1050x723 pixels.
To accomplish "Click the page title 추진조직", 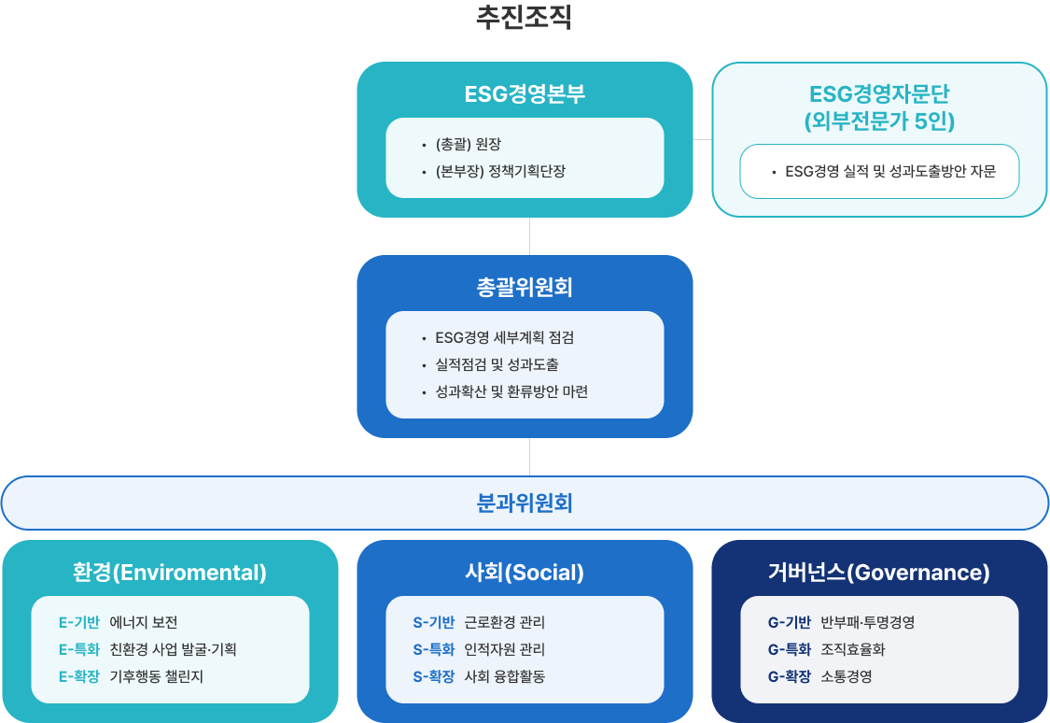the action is point(525,18).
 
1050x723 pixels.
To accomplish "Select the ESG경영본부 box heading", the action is point(525,93).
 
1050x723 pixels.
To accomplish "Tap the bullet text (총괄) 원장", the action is point(469,144).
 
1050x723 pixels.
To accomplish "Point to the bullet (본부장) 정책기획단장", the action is point(500,172).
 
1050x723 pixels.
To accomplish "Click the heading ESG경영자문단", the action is point(879,93).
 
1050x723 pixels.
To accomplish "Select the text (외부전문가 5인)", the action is point(879,121).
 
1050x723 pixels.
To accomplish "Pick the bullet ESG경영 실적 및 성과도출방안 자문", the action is point(890,172).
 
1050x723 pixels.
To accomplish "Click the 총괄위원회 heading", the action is point(525,288).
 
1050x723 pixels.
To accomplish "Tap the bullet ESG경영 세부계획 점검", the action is point(504,338).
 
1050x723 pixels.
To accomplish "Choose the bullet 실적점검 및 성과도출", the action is point(497,364).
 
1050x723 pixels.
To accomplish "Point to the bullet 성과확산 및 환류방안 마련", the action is point(511,392).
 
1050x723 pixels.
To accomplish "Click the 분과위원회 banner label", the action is point(525,503).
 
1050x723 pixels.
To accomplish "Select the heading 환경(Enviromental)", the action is point(170,573).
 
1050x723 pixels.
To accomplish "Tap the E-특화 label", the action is point(79,649).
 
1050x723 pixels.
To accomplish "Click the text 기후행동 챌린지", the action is point(156,677).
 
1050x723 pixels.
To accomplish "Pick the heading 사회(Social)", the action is point(525,573).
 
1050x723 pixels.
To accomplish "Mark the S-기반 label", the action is point(434,622).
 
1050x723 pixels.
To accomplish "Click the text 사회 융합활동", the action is point(504,677).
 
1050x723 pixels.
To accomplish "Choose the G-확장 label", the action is point(789,677).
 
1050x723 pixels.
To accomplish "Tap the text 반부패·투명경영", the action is point(868,622).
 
